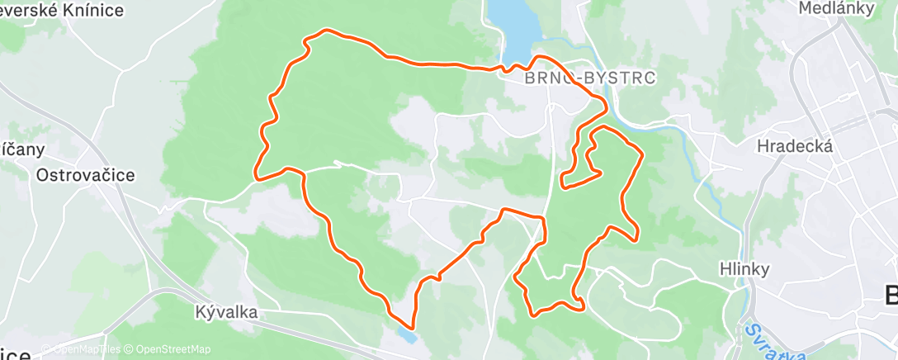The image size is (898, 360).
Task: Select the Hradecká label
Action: click(x=795, y=146)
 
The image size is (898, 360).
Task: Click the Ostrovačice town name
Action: click(x=85, y=175)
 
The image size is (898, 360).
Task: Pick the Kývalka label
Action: click(x=227, y=312)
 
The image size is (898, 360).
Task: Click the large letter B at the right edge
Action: click(x=890, y=295)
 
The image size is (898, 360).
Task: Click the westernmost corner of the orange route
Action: click(x=256, y=176)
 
